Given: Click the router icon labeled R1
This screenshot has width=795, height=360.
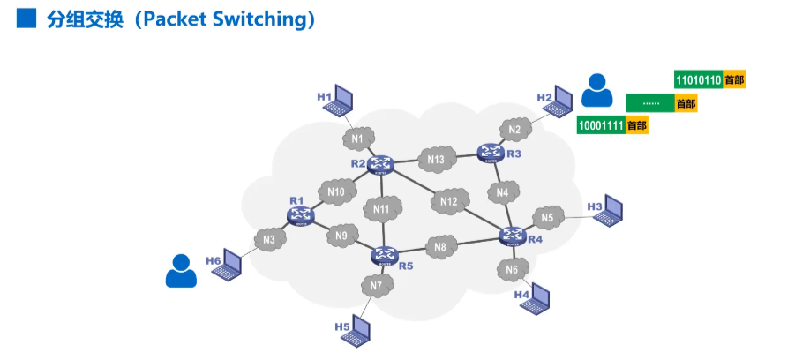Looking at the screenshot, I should coord(300,214).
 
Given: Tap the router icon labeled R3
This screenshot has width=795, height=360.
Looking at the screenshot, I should coord(491,153).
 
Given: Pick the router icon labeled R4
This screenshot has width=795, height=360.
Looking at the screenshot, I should coord(512,235).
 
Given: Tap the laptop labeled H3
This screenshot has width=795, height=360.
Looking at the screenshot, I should coord(608,212).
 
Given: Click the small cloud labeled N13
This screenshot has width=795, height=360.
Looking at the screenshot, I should coord(436,160).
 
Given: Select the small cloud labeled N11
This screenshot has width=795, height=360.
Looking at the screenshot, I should coord(382,209).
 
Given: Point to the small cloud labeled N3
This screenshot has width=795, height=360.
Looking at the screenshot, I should coord(270,239).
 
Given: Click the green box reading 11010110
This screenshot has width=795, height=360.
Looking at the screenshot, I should coord(698,79).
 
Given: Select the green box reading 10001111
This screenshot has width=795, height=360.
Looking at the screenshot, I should coord(601,125).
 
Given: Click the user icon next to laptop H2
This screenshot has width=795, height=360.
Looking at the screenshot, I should coord(596,89).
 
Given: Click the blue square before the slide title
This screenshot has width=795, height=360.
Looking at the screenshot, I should coord(26,19).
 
